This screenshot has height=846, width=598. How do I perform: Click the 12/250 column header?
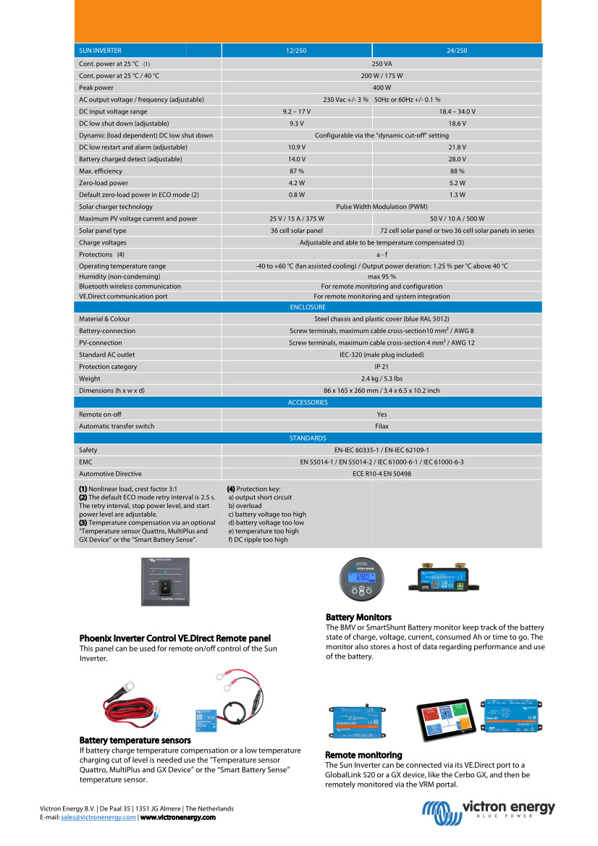pyautogui.click(x=296, y=51)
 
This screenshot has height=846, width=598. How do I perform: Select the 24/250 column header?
pyautogui.click(x=457, y=51)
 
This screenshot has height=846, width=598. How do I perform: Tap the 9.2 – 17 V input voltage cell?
pyautogui.click(x=296, y=111)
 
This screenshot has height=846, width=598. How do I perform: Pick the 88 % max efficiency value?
pyautogui.click(x=457, y=171)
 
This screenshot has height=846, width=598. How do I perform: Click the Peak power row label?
pyautogui.click(x=96, y=88)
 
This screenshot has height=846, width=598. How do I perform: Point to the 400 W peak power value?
pyautogui.click(x=382, y=88)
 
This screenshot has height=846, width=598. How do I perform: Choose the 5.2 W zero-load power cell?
pyautogui.click(x=457, y=183)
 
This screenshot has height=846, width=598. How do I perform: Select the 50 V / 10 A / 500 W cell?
pyautogui.click(x=457, y=219)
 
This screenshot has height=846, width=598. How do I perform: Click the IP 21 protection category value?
pyautogui.click(x=382, y=366)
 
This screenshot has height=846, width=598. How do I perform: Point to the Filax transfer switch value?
pyautogui.click(x=382, y=426)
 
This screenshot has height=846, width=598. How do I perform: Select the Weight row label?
pyautogui.click(x=89, y=378)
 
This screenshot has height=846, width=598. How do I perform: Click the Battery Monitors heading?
pyautogui.click(x=358, y=617)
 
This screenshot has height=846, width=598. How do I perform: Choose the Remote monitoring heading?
pyautogui.click(x=363, y=756)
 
